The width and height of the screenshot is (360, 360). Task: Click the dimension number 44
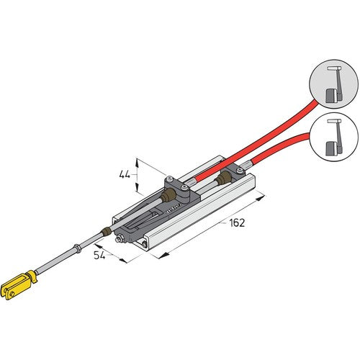coord(125,174)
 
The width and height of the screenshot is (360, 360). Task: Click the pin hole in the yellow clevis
coord(10,290)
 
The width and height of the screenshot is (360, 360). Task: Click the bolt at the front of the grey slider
coord(146,244)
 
